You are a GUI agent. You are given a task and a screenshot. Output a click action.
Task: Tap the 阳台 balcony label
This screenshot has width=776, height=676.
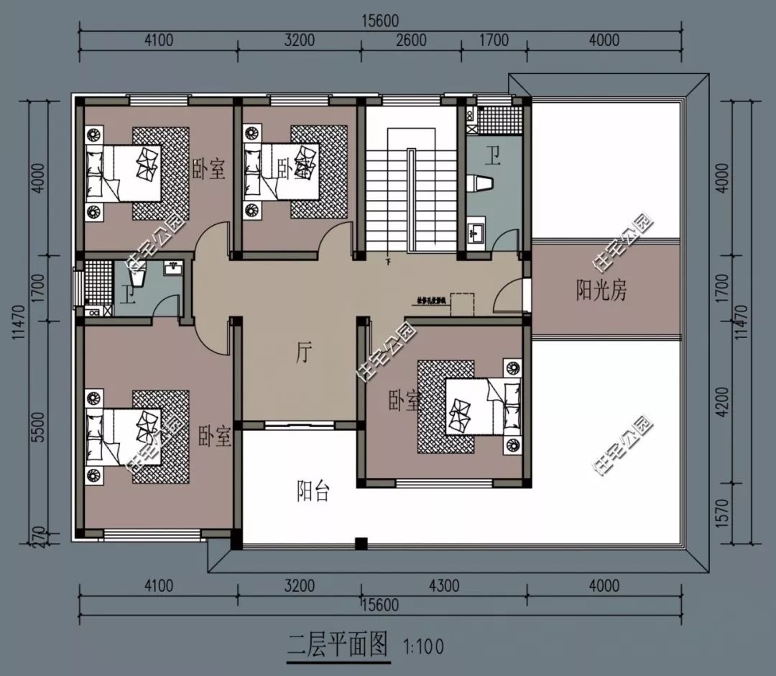pyautogui.click(x=313, y=492)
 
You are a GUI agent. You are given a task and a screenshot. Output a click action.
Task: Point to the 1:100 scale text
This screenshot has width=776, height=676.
pyautogui.click(x=424, y=646)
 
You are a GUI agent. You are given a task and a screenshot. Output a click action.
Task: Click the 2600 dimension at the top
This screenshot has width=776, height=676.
pyautogui.click(x=410, y=40)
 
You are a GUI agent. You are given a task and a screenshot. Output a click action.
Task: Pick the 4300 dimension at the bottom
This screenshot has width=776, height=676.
pyautogui.click(x=443, y=586)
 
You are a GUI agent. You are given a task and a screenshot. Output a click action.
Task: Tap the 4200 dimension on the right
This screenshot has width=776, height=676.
pyautogui.click(x=722, y=403)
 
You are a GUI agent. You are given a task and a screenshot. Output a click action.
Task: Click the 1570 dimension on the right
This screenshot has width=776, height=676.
pyautogui.click(x=722, y=513)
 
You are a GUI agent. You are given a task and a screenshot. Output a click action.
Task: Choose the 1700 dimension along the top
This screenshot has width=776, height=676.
pyautogui.click(x=493, y=40)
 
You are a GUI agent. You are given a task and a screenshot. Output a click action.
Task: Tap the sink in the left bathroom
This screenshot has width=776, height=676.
pyautogui.click(x=172, y=269)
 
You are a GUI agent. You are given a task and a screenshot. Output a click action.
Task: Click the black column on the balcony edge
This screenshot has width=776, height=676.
pyautogui.click(x=361, y=543)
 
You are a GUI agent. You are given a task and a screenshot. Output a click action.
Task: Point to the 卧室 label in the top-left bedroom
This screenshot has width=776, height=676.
pyautogui.click(x=208, y=170)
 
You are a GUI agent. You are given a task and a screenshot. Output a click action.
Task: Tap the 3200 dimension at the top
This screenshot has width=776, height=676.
pyautogui.click(x=299, y=40)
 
